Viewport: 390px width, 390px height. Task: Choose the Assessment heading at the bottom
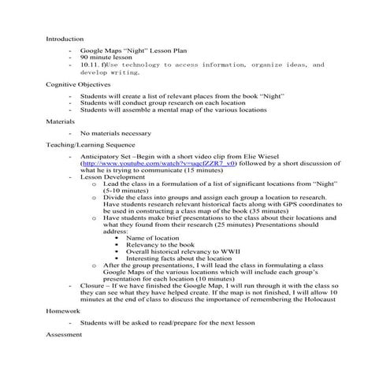pyautogui.click(x=64, y=335)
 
